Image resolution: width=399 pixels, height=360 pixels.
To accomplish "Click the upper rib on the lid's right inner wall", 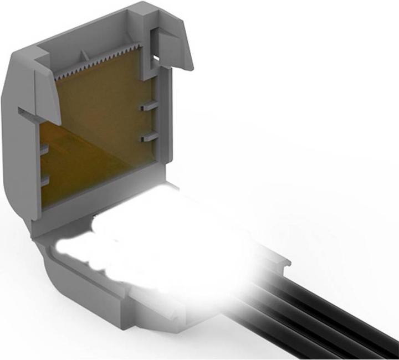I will click(149, 107).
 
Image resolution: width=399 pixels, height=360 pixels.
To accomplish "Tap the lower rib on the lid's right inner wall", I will click(149, 137).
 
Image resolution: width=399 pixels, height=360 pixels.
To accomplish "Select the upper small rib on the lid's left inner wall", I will click(44, 150).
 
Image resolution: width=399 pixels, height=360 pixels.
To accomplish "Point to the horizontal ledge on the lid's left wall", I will click(33, 114).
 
